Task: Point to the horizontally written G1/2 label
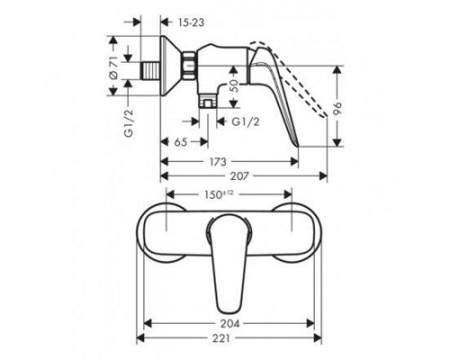pyautogui.click(x=245, y=120)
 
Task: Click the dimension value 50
pyautogui.click(x=235, y=84)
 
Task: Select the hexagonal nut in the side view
pyautogui.click(x=190, y=67)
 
